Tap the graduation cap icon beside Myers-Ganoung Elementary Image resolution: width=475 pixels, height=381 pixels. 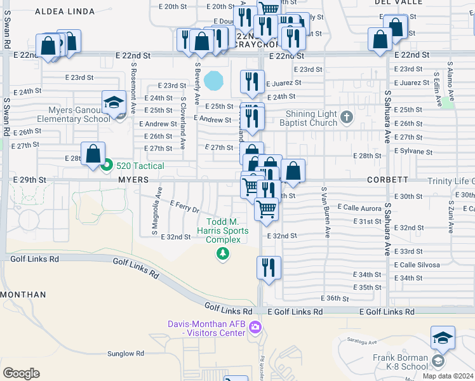pyautogui.click(x=113, y=102)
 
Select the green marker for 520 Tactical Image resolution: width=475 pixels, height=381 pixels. pyautogui.click(x=107, y=166)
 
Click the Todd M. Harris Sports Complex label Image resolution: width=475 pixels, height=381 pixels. pyautogui.click(x=222, y=231)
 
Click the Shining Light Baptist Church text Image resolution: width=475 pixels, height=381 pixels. pyautogui.click(x=304, y=117)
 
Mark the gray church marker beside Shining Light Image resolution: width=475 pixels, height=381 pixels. pyautogui.click(x=346, y=117)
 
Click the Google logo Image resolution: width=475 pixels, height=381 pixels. pyautogui.click(x=21, y=373)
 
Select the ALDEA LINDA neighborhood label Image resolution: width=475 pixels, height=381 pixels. pyautogui.click(x=64, y=11)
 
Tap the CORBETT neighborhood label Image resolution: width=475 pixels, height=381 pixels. pyautogui.click(x=387, y=180)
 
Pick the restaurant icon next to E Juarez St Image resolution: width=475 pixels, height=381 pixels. pyautogui.click(x=252, y=81)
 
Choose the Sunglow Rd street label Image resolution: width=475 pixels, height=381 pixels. pyautogui.click(x=126, y=354)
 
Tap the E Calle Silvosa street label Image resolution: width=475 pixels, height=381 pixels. pyautogui.click(x=417, y=265)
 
